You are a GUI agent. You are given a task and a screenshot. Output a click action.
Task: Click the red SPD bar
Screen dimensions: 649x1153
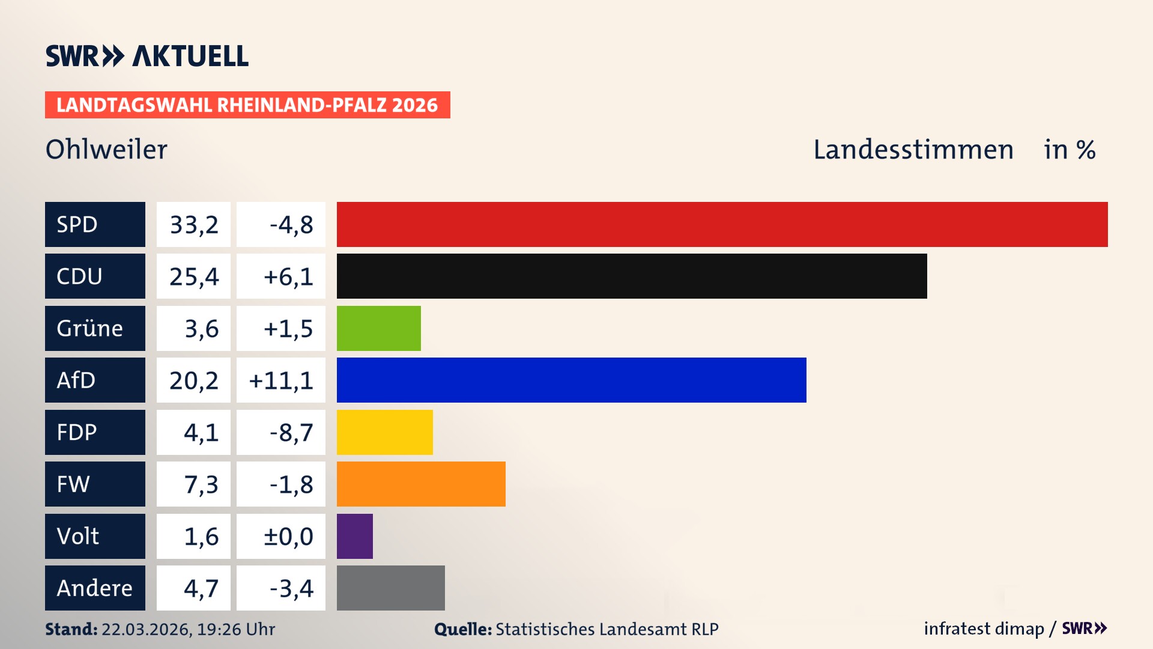(x=722, y=224)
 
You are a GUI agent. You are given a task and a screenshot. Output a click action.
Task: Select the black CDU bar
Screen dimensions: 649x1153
(x=632, y=276)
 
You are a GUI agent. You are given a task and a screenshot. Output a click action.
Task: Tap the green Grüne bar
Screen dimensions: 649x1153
(x=378, y=328)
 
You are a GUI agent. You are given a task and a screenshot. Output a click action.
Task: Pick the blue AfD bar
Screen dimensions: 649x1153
(x=571, y=380)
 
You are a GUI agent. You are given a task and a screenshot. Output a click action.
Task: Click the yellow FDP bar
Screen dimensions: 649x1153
(x=384, y=432)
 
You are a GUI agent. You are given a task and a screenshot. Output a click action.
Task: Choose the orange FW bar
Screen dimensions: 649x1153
(x=421, y=484)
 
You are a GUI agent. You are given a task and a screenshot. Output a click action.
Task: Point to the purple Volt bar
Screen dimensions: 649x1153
(x=354, y=536)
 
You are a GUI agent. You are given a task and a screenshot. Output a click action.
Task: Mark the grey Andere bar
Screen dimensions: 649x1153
(x=390, y=588)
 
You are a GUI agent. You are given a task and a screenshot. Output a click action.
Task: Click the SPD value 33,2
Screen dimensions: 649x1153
(x=193, y=225)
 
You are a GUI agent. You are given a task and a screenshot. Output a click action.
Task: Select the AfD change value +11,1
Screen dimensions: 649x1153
(x=280, y=380)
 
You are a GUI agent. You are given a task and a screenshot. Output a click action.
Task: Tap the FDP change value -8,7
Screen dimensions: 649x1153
(x=291, y=433)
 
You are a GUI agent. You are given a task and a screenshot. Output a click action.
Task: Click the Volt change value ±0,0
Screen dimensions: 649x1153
(x=288, y=537)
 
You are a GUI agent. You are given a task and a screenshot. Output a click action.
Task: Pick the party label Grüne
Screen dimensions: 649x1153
(x=89, y=328)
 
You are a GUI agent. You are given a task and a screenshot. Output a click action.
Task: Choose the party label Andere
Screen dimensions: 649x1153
(x=94, y=588)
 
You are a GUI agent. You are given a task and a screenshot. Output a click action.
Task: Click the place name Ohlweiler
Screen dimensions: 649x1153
(x=106, y=149)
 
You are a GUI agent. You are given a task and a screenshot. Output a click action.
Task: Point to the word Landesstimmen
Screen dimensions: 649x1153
(x=913, y=149)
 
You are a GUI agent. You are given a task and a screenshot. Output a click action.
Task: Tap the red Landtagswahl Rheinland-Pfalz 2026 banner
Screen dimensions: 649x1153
(x=247, y=105)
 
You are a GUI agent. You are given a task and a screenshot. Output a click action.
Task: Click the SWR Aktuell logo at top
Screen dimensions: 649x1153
(x=147, y=56)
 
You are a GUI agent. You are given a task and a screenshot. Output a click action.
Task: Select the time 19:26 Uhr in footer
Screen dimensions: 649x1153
(x=236, y=629)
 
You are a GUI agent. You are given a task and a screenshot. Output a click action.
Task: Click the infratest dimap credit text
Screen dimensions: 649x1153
(x=983, y=629)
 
